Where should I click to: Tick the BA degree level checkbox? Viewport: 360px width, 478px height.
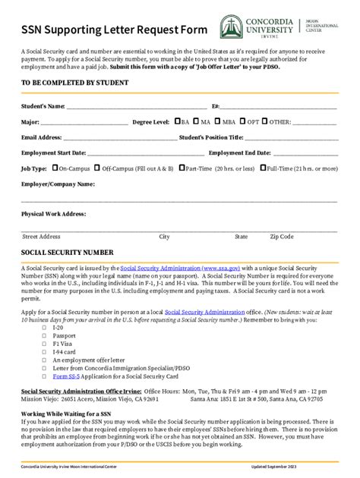[x=176, y=121]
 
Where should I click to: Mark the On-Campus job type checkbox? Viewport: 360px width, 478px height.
[x=55, y=168]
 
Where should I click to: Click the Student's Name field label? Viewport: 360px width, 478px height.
[x=43, y=105]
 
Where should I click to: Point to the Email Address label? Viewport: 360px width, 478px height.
[x=42, y=137]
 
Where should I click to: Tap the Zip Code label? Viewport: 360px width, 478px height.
[x=281, y=237]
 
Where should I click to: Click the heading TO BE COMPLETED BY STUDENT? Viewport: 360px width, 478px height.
[x=75, y=81]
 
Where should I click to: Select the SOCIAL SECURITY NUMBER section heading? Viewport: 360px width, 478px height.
[x=68, y=251]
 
